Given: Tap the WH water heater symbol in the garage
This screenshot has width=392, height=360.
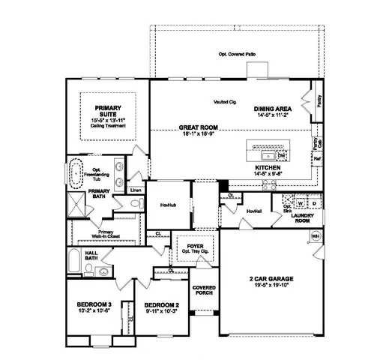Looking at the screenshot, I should [315, 236].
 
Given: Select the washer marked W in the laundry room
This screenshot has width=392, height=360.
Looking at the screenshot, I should [300, 203].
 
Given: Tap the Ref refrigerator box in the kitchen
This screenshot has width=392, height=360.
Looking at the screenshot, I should [317, 160].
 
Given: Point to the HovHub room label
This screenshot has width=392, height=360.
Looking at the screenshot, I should [168, 204].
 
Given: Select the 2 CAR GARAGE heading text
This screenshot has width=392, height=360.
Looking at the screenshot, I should [272, 277].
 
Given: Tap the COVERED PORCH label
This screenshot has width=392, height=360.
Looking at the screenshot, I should [204, 291].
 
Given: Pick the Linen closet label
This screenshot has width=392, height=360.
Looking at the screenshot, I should [136, 190].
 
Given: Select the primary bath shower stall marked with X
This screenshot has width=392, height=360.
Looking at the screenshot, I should [77, 202].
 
